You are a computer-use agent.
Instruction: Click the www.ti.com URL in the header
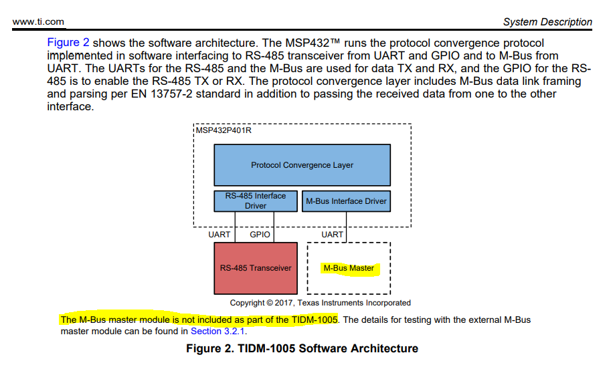[x=38, y=21]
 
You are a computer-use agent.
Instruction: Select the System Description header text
[x=547, y=22]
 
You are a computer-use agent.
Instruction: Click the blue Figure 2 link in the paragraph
[x=68, y=42]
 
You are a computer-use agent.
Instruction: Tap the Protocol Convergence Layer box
[x=302, y=165]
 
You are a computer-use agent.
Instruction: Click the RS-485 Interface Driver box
[x=255, y=201]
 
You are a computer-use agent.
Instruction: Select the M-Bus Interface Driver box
[x=346, y=201]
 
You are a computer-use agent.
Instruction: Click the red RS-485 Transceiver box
[x=256, y=268]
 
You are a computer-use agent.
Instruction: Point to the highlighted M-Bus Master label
[x=349, y=268]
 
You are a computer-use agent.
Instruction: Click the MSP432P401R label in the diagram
[x=224, y=130]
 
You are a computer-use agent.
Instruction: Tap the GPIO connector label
[x=260, y=235]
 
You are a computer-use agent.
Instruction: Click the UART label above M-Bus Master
[x=333, y=235]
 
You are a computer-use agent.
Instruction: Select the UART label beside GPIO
[x=220, y=235]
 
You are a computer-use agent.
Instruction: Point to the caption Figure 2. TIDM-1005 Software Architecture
[x=302, y=348]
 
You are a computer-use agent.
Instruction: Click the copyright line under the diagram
[x=320, y=303]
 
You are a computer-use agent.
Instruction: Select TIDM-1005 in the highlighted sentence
[x=315, y=320]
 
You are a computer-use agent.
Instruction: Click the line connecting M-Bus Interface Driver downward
[x=346, y=221]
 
